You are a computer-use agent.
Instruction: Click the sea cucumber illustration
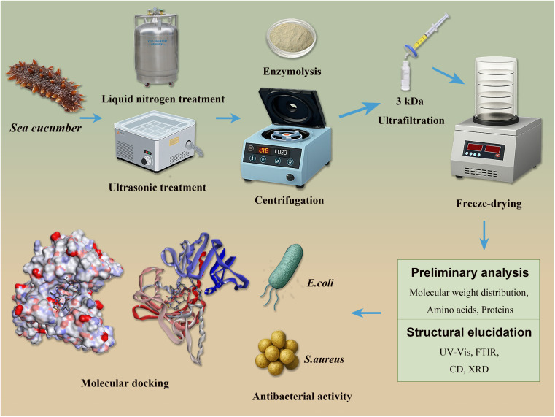coord(45,85)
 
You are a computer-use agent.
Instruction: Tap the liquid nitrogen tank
coord(156,50)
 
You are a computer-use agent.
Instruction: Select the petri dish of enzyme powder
coord(291,37)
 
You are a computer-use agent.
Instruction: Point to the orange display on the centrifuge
coord(264,150)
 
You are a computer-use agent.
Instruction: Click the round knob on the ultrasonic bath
coord(146,161)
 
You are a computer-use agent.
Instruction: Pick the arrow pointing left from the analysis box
coord(366,313)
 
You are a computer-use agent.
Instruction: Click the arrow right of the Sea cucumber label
coord(91,118)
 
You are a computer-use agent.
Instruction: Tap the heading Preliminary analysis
coord(470,272)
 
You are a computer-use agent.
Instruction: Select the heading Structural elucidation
coord(469,332)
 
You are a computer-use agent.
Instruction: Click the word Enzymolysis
coord(292,72)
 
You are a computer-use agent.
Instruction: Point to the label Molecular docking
coord(125,383)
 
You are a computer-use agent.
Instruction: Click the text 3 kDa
coord(410,102)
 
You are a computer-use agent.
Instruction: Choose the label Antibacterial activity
coord(302,397)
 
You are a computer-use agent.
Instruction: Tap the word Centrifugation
coord(290,201)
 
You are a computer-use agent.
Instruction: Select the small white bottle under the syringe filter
coord(405,75)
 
